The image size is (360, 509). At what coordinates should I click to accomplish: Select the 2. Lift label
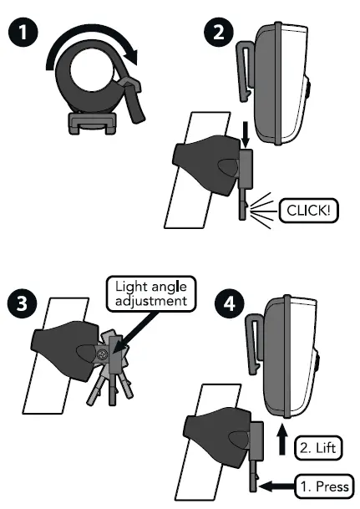pos(317,448)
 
